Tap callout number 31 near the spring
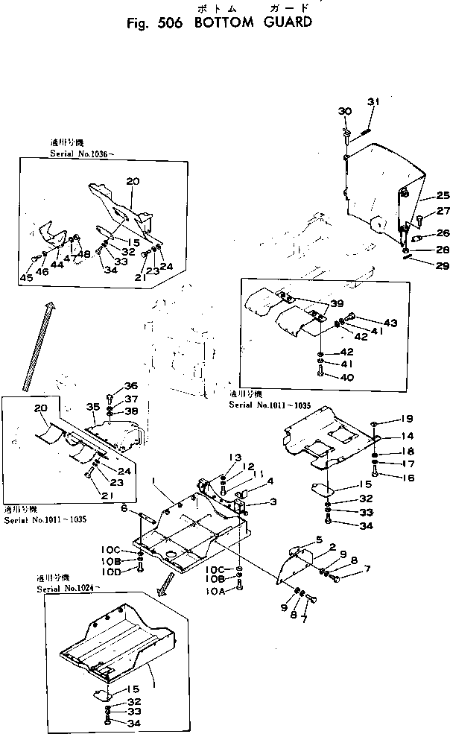(373, 102)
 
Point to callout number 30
(344, 111)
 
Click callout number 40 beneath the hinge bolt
(346, 377)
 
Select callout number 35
(92, 407)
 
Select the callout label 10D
(112, 571)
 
